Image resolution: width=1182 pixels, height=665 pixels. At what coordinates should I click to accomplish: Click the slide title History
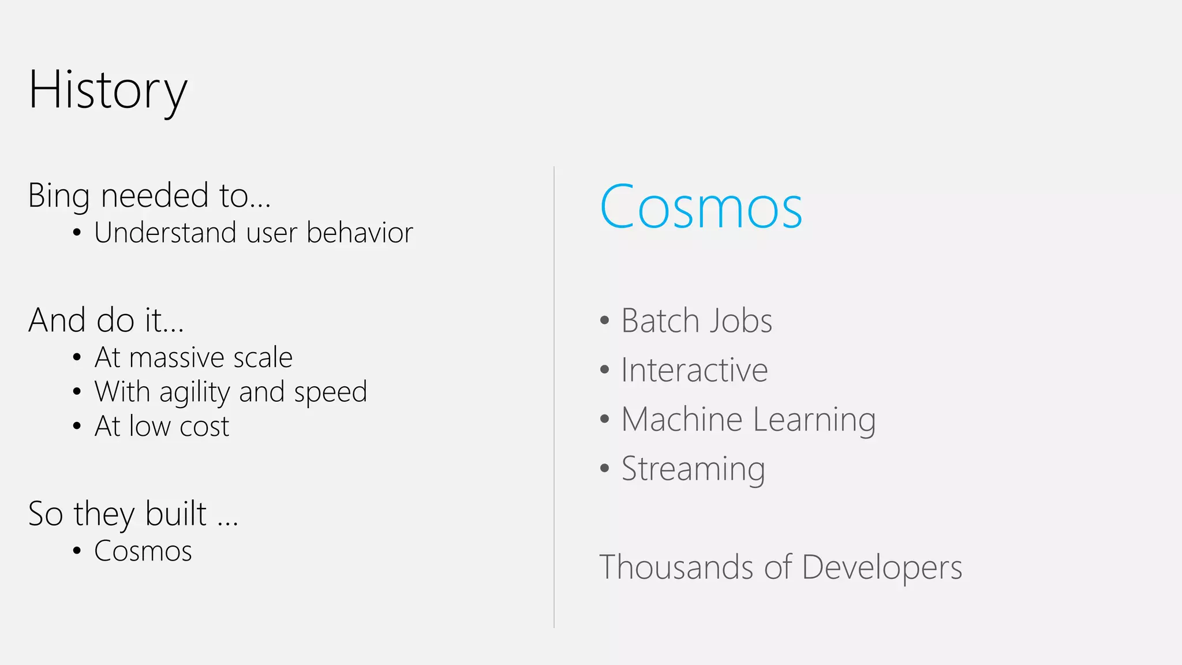pyautogui.click(x=108, y=90)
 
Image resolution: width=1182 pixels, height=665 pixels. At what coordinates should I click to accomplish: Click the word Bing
pyautogui.click(x=59, y=196)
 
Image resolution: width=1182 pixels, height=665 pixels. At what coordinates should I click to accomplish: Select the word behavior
pyautogui.click(x=360, y=233)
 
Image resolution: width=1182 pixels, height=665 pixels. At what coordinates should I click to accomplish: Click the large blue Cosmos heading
pyautogui.click(x=701, y=207)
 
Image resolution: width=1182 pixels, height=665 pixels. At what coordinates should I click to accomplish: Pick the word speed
pyautogui.click(x=330, y=393)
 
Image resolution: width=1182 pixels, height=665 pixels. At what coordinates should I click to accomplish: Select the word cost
pyautogui.click(x=204, y=427)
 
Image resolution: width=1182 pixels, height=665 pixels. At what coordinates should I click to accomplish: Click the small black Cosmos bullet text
pyautogui.click(x=143, y=551)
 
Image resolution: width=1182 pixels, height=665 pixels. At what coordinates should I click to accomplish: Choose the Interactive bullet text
pyautogui.click(x=694, y=371)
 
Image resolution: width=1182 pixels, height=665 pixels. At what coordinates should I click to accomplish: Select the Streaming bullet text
pyautogui.click(x=693, y=469)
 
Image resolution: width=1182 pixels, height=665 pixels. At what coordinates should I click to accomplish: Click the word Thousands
pyautogui.click(x=676, y=567)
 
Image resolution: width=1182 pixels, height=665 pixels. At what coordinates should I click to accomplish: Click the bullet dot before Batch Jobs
pyautogui.click(x=604, y=321)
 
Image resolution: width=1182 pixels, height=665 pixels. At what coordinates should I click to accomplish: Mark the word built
pyautogui.click(x=175, y=514)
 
